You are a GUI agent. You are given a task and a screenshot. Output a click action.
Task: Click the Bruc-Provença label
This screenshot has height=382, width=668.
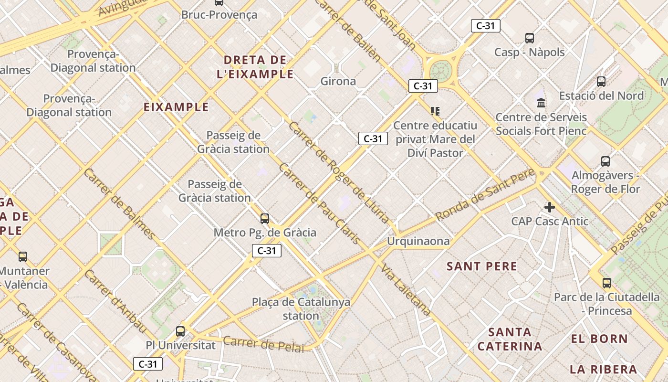219,15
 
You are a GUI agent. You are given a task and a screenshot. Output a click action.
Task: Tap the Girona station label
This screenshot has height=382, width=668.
338,81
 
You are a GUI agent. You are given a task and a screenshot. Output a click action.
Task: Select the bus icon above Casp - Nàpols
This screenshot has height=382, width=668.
529,38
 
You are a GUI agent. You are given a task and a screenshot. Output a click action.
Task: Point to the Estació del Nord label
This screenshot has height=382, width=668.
601,95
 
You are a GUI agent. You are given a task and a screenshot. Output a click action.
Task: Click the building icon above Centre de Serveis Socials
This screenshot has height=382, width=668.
541,103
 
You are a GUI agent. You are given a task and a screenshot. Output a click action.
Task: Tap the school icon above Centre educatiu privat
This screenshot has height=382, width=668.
435,111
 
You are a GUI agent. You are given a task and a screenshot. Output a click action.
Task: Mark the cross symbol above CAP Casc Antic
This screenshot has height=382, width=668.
550,207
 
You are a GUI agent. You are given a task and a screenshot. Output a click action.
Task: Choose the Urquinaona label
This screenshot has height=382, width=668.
418,241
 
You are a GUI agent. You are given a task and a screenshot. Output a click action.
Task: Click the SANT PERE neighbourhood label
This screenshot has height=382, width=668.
482,266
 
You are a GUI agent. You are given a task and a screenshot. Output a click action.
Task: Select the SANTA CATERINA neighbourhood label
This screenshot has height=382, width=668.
510,339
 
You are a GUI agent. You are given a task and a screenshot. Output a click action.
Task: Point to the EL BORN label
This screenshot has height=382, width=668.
599,339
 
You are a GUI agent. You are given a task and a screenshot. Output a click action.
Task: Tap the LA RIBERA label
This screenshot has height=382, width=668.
603,369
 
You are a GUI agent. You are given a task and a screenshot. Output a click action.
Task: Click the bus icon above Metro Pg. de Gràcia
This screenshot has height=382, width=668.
265,219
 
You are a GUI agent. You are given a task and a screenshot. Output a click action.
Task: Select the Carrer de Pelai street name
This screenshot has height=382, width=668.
263,344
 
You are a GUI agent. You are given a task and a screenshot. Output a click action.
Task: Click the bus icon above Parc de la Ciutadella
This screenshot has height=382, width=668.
606,283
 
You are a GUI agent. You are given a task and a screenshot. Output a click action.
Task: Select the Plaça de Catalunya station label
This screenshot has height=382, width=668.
301,309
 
